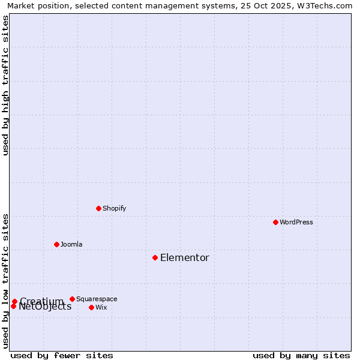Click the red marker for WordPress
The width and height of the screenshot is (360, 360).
275,222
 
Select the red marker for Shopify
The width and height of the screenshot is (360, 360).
98,208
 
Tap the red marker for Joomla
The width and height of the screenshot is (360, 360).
56,244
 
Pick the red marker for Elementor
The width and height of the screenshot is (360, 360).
155,257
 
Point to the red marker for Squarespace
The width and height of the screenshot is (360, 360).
72,299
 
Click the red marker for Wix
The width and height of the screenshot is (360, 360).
91,307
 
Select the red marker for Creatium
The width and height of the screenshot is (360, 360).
14,301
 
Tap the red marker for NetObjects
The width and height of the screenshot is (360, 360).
13,306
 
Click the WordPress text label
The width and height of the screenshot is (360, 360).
296,222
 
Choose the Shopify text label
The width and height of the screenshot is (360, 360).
114,208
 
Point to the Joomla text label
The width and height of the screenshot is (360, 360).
71,244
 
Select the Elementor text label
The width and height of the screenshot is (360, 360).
184,257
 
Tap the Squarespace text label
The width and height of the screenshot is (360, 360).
97,299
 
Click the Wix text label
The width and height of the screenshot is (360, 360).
101,307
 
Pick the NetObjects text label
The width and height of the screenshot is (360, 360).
46,307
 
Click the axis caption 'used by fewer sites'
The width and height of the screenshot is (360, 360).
62,355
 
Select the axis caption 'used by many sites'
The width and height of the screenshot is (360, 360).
301,355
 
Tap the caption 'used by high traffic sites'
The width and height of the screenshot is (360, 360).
6,85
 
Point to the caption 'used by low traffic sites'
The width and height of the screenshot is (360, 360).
6,281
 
